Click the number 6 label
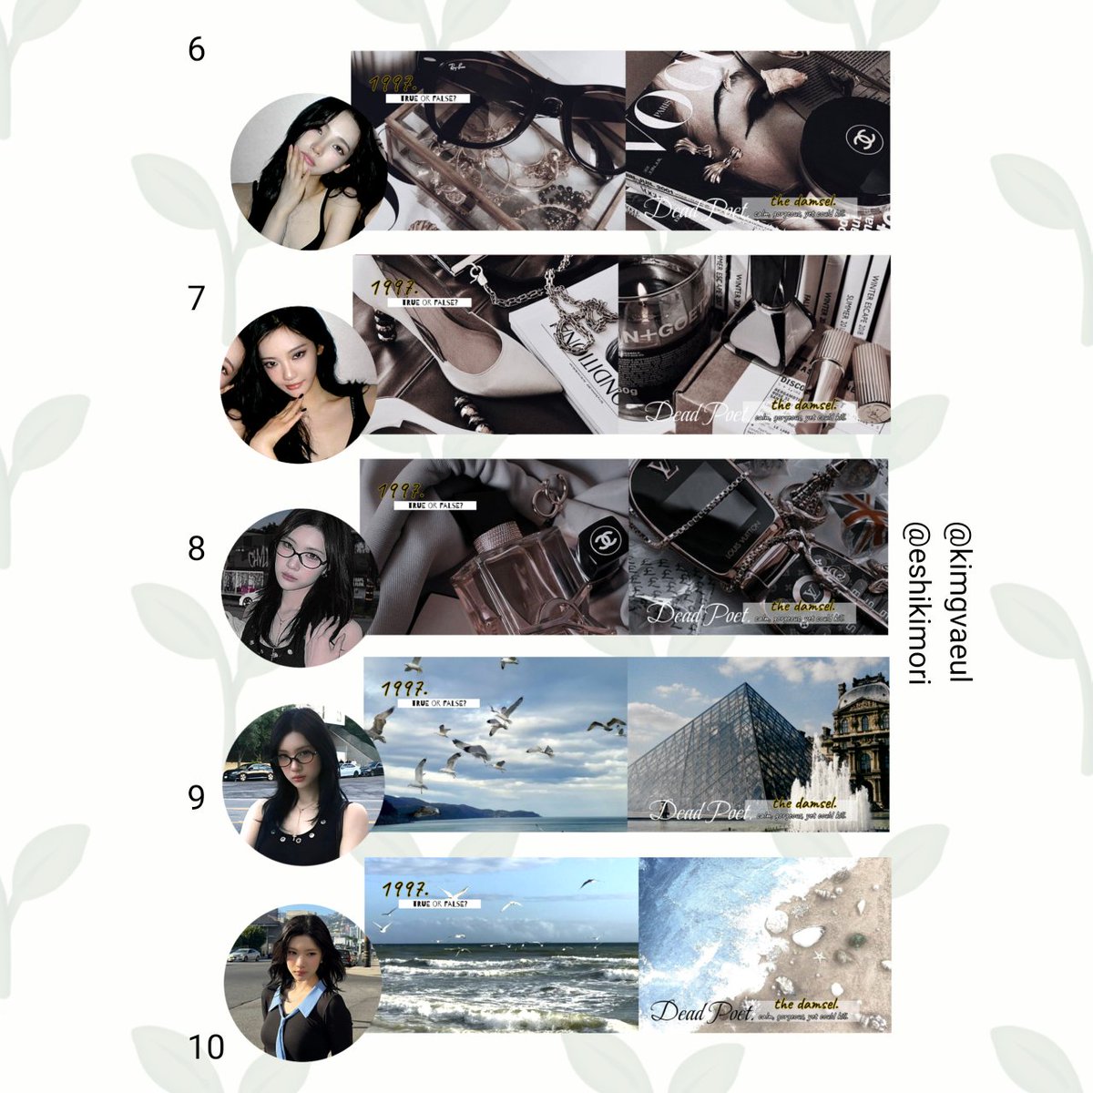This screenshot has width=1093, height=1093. coord(197,49)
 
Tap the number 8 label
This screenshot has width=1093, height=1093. coord(197,550)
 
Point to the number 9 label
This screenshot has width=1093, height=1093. coord(197,796)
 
